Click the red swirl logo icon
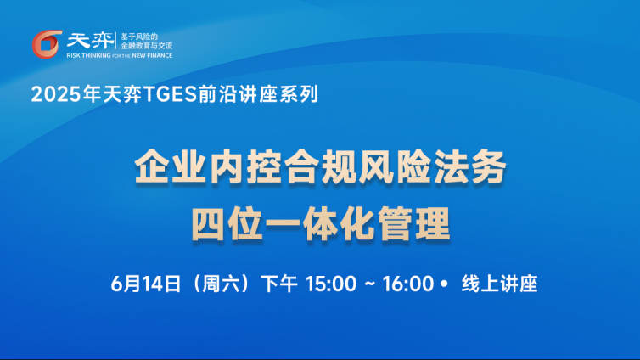point(47,44)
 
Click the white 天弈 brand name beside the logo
point(90,41)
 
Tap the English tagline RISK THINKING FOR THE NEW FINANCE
point(120,55)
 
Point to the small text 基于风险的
point(139,37)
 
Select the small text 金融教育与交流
point(147,46)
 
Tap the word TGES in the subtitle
point(171,94)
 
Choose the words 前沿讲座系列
point(258,94)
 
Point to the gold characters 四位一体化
point(283,223)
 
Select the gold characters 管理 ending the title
point(414,223)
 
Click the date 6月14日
point(145,284)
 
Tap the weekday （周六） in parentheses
point(221,284)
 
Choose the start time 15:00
point(331,284)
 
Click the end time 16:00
point(408,284)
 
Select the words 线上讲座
point(499,284)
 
